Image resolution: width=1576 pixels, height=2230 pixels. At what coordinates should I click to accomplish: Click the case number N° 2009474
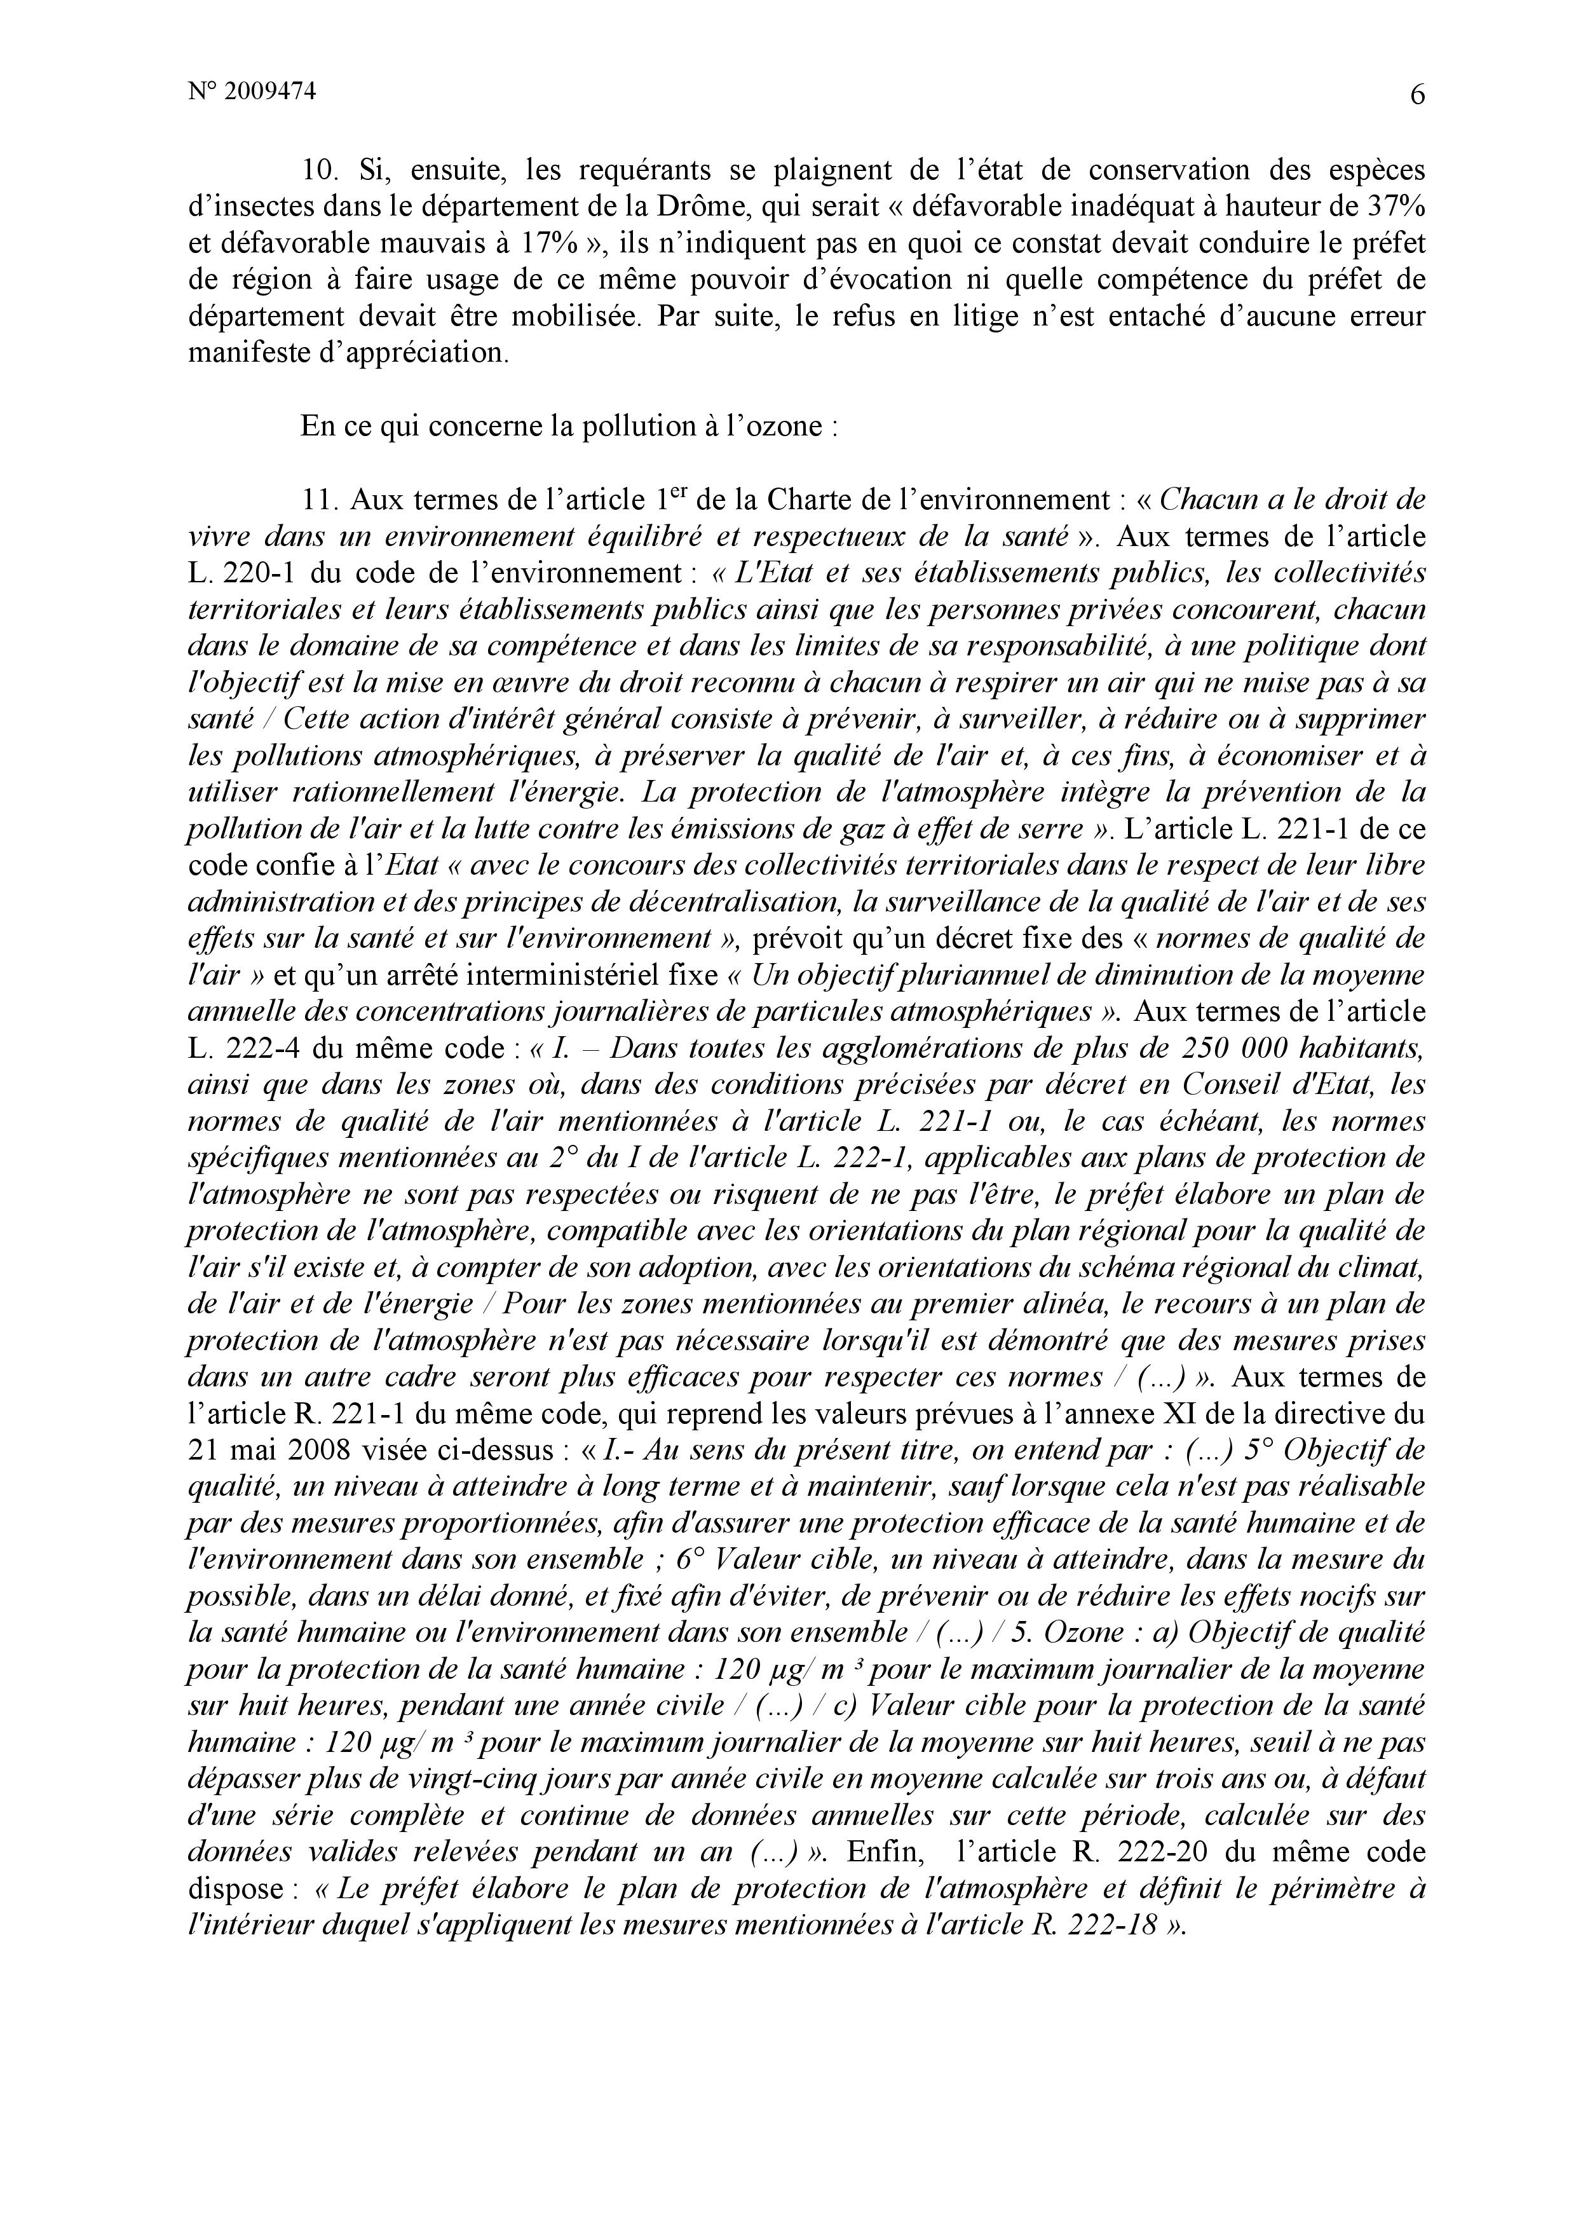coord(252,92)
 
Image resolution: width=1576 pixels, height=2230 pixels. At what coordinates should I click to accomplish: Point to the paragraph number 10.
coord(318,170)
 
